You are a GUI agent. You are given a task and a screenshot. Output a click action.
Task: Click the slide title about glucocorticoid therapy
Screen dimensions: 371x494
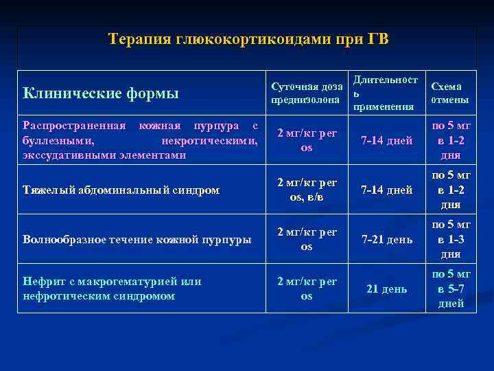(x=248, y=39)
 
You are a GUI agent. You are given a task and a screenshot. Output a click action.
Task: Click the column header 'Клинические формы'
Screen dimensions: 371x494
(x=100, y=93)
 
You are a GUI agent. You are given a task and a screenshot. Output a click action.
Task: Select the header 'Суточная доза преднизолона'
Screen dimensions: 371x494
(x=307, y=93)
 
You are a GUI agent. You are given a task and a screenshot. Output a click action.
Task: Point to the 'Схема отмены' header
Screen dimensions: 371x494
(x=449, y=93)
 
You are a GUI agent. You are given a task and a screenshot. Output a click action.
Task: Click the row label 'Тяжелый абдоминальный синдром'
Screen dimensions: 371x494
(x=121, y=190)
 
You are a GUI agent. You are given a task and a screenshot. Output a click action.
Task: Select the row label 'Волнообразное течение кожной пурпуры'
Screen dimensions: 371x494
(x=137, y=240)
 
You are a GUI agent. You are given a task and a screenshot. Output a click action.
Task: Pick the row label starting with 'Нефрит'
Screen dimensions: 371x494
(x=112, y=289)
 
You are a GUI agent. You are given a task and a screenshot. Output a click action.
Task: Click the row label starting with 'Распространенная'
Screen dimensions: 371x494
(x=140, y=140)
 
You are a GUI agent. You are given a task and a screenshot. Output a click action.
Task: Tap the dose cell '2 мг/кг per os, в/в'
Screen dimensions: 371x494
(x=307, y=190)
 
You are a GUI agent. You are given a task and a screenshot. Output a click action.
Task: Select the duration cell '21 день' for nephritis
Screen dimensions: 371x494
(x=386, y=289)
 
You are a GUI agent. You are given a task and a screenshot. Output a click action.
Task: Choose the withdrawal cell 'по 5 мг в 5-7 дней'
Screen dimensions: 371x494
(x=450, y=289)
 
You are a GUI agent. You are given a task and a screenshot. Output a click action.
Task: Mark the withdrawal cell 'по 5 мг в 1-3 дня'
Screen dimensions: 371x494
(x=450, y=240)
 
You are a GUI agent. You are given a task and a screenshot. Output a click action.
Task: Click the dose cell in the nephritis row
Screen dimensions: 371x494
(x=307, y=289)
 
